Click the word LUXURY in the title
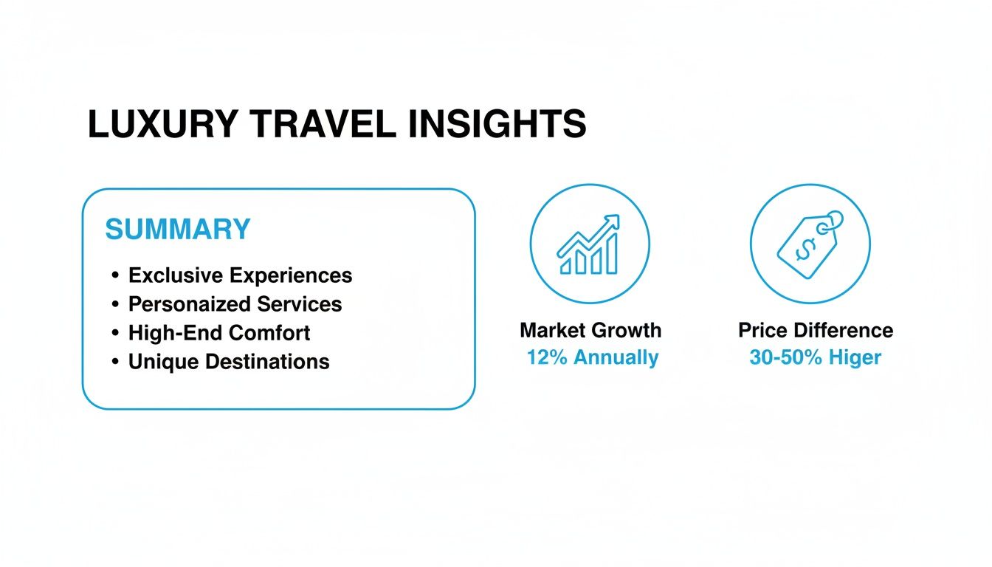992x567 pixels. (x=162, y=124)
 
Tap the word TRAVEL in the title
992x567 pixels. (x=323, y=124)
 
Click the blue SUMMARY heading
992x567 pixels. (x=178, y=230)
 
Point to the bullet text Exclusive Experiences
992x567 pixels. (x=241, y=276)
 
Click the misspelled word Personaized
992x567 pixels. (x=189, y=304)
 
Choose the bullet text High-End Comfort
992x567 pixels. (x=219, y=333)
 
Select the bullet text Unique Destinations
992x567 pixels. (x=229, y=362)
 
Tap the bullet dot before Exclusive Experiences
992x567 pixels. (x=116, y=275)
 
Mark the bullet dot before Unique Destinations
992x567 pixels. (x=116, y=362)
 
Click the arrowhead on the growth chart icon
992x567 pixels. (x=613, y=221)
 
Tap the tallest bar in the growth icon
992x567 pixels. (x=612, y=254)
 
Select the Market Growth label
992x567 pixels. (x=590, y=331)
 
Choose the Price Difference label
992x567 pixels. (x=816, y=331)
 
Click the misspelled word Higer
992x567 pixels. (x=855, y=358)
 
